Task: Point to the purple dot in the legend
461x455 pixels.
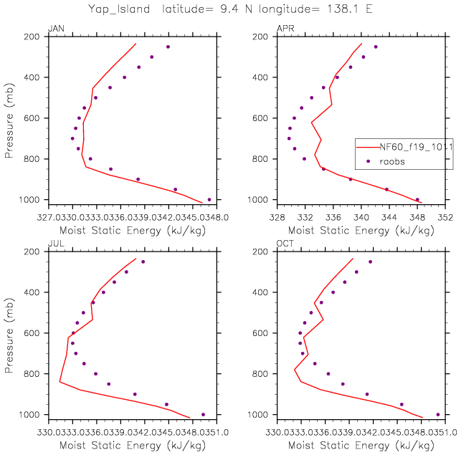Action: [368, 161]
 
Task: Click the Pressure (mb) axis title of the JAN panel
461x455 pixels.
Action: [11, 118]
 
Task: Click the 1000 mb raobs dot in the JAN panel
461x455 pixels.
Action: [209, 200]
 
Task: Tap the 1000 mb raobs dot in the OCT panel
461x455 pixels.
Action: [437, 414]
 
